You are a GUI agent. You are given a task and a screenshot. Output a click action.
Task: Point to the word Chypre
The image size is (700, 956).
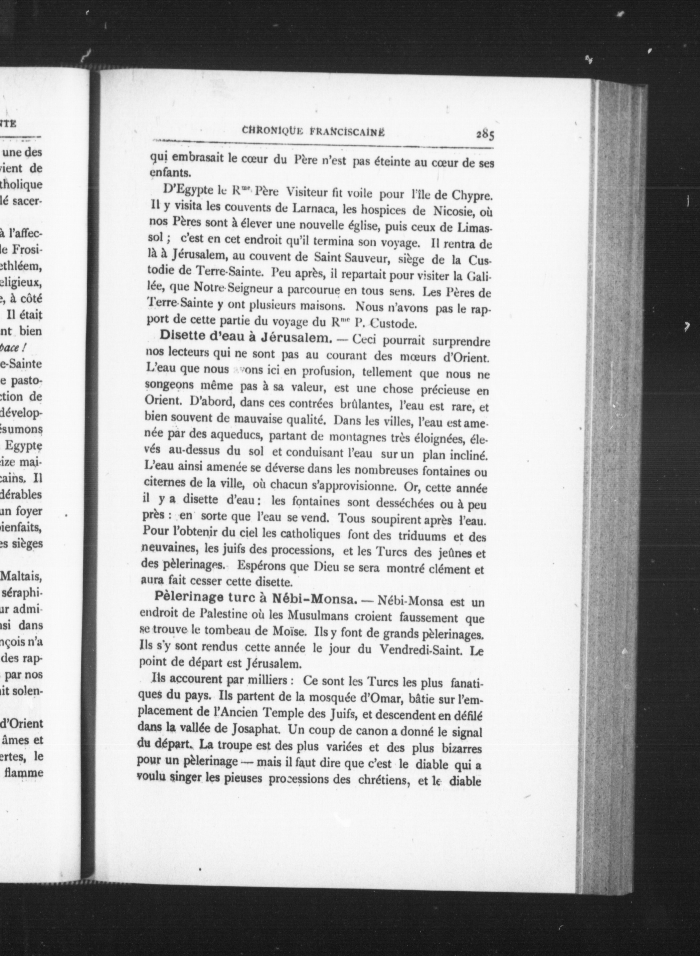[473, 196]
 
